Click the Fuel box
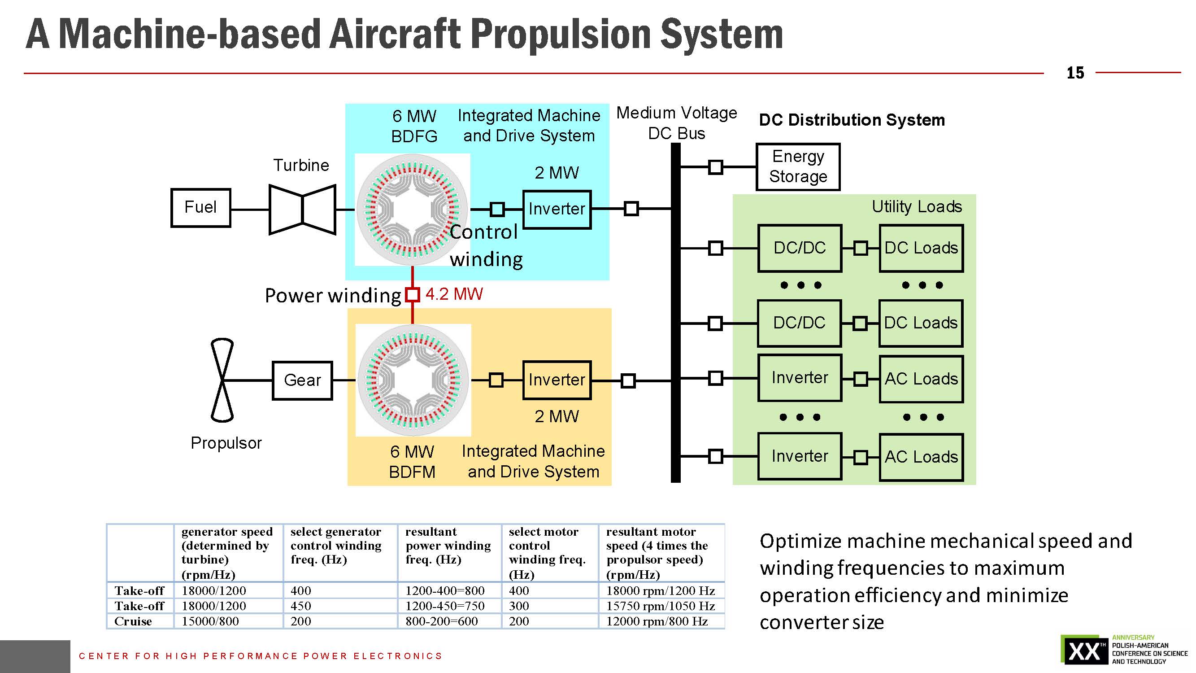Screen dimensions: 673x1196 tap(200, 208)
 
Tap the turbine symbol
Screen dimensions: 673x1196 tap(302, 210)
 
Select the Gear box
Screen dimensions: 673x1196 tap(302, 380)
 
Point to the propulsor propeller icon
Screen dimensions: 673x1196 tap(222, 380)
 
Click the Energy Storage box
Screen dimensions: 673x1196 tap(798, 167)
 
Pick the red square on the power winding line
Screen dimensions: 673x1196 tap(412, 294)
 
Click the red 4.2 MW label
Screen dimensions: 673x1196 tap(454, 294)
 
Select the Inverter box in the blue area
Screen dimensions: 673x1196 tap(557, 210)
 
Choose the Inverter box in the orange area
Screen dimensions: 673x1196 tap(557, 380)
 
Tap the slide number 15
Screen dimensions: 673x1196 tap(1075, 73)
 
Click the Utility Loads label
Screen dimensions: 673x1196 tap(917, 207)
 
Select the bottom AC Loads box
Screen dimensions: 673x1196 tap(921, 457)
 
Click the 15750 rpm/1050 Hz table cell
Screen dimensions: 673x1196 tap(660, 606)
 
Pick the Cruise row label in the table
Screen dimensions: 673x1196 tap(133, 621)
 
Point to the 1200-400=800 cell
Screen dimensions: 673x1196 tap(445, 591)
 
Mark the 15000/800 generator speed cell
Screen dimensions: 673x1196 tap(210, 621)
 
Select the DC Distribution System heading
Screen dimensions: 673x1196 tap(852, 120)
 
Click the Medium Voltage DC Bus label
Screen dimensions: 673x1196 tap(676, 123)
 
